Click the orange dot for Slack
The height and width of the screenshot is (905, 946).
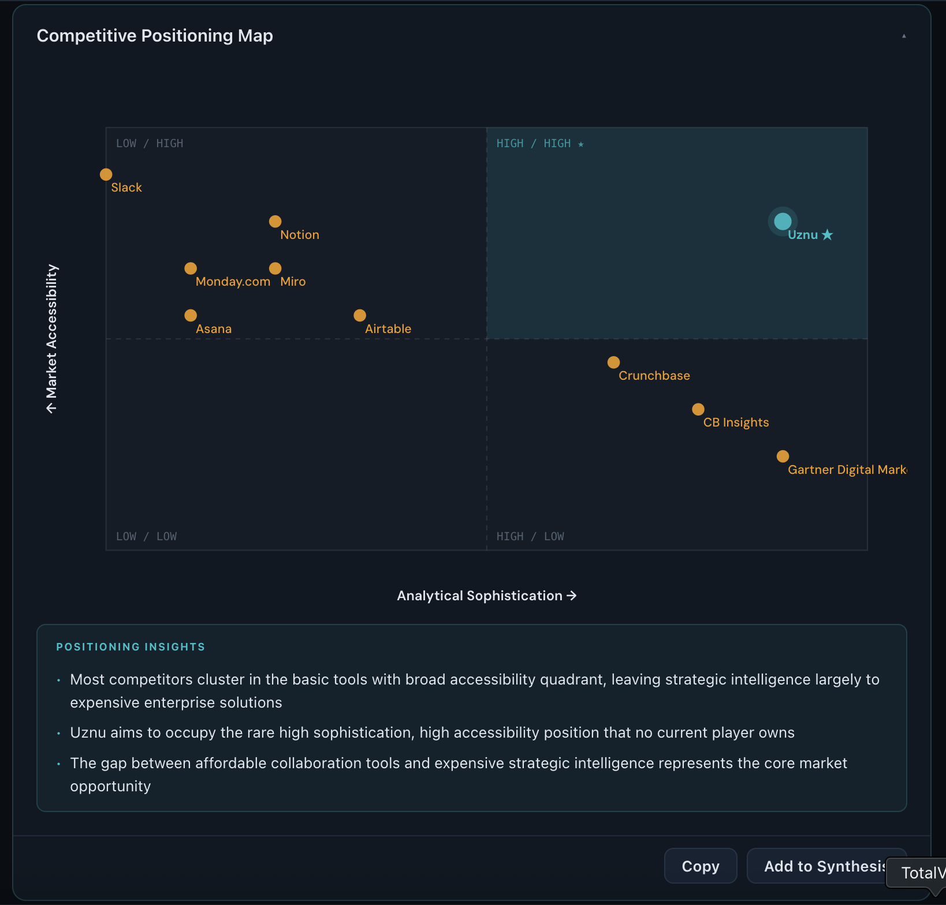point(106,174)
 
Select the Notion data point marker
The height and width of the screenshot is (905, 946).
point(275,222)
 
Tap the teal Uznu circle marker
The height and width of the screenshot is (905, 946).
point(783,221)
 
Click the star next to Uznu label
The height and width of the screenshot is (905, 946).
point(828,235)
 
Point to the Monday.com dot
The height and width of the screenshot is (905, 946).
point(191,268)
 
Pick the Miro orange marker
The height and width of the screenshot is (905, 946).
point(275,268)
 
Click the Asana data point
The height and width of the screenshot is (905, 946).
point(191,315)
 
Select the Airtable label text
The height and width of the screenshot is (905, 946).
point(388,329)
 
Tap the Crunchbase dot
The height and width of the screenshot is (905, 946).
point(613,362)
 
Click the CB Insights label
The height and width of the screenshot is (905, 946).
point(736,422)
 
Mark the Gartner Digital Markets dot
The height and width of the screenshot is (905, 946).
point(783,457)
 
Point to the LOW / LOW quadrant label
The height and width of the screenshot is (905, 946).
point(146,536)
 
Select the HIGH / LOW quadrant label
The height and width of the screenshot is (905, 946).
point(530,536)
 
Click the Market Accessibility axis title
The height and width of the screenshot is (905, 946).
point(52,338)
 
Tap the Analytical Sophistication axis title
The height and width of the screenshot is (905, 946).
point(486,596)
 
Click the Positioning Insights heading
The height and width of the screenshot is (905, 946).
point(131,647)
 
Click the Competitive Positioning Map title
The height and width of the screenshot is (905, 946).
point(155,36)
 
